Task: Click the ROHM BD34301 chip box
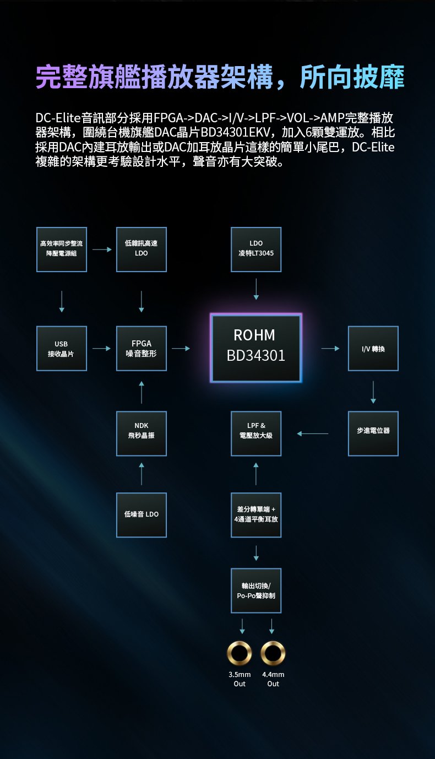(x=256, y=348)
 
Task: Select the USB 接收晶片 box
(x=62, y=348)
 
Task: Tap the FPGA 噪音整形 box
(x=142, y=348)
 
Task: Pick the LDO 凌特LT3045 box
(x=256, y=250)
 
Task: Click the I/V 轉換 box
(x=373, y=348)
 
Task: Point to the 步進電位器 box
(x=373, y=433)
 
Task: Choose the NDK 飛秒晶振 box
(x=142, y=433)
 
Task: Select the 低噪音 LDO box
(x=142, y=515)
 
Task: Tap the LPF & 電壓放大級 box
(x=256, y=433)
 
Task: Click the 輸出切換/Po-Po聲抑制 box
(x=256, y=590)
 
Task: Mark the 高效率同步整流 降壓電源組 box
(x=62, y=250)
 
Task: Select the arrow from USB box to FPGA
(x=102, y=348)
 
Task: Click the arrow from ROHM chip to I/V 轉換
(x=330, y=348)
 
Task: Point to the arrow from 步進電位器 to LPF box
(x=312, y=433)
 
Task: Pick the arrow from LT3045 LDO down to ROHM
(x=256, y=289)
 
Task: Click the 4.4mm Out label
(x=273, y=679)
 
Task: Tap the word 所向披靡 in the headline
(x=352, y=77)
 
